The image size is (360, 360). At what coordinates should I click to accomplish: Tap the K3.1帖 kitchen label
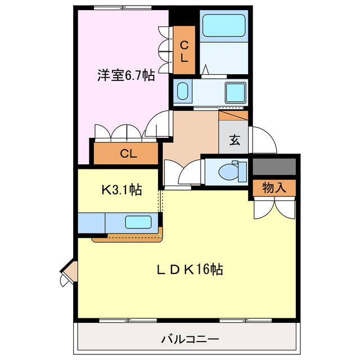[x=121, y=190]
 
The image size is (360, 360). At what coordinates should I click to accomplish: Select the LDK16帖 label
[x=190, y=270]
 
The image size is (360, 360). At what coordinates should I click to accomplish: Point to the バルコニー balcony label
[x=190, y=339]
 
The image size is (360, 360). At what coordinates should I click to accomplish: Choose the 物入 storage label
[x=274, y=188]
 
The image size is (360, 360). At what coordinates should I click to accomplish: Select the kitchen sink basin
[x=138, y=222]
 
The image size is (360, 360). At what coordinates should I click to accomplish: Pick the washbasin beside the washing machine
[x=183, y=91]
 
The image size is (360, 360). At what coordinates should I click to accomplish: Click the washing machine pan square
[x=233, y=92]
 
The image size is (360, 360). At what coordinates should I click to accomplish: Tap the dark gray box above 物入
[x=274, y=166]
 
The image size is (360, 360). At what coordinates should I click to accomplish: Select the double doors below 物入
[x=274, y=208]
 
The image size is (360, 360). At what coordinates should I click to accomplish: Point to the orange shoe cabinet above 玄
[x=233, y=115]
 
